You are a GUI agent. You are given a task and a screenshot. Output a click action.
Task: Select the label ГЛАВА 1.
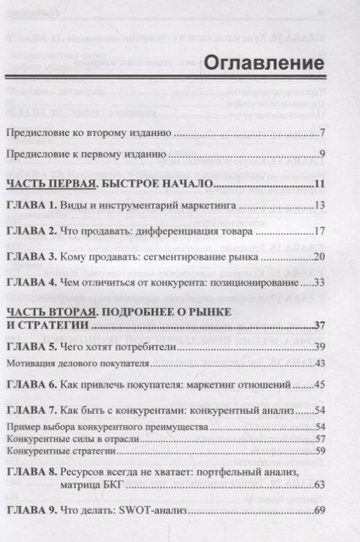tap(31, 207)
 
